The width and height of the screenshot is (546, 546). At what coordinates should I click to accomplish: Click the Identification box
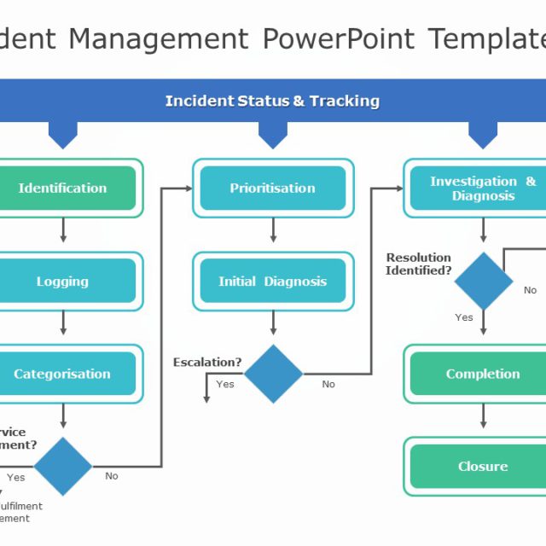[x=63, y=188]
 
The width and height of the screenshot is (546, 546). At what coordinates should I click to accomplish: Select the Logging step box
[x=63, y=282]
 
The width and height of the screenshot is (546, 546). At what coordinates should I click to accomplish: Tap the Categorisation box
[x=63, y=374]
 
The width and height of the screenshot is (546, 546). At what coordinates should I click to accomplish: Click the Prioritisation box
[x=273, y=188]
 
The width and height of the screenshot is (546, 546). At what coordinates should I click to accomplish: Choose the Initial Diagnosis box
[x=273, y=282]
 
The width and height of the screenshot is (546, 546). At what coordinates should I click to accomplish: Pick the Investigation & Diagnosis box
[x=483, y=188]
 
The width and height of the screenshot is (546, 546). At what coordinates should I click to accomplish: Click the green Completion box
[x=483, y=374]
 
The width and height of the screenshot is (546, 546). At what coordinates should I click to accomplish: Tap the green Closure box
[x=483, y=467]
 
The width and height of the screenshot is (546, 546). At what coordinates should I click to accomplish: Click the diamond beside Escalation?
[x=273, y=374]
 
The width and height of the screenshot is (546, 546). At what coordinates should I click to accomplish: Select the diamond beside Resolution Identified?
[x=484, y=281]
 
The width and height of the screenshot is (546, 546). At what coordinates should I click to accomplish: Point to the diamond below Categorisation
[x=63, y=466]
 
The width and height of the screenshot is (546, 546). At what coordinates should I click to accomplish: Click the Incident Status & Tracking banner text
[x=272, y=101]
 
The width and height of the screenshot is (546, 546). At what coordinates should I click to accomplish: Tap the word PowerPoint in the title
[x=338, y=38]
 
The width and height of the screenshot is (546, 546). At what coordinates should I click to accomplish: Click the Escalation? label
[x=207, y=363]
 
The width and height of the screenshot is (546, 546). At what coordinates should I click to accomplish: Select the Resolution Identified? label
[x=419, y=264]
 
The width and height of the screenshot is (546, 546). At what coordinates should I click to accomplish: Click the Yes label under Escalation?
[x=225, y=384]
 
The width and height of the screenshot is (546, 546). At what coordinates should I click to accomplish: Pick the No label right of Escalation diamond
[x=328, y=384]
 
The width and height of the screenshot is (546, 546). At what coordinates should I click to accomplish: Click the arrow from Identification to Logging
[x=63, y=230]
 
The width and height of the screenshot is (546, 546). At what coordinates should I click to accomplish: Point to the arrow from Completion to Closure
[x=483, y=415]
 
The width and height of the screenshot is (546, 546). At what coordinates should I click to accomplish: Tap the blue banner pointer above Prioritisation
[x=273, y=135]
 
